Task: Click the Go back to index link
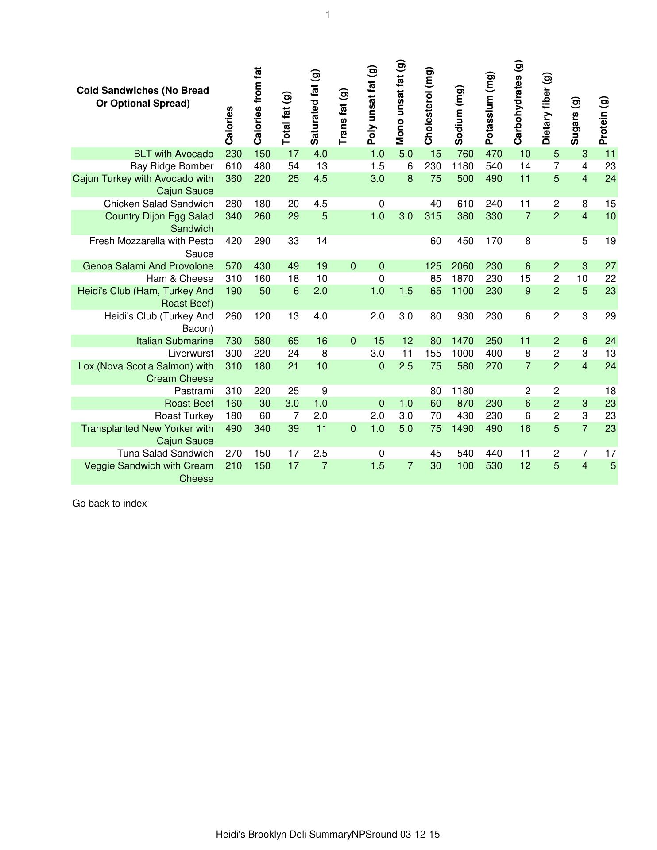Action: [x=109, y=504]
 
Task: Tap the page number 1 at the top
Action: [x=328, y=15]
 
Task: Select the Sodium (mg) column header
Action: [x=459, y=115]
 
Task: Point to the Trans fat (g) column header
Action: [x=343, y=116]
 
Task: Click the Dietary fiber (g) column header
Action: [x=546, y=109]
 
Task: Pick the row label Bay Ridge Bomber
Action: [x=172, y=166]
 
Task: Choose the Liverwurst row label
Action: [x=191, y=354]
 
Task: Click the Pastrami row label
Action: [x=194, y=391]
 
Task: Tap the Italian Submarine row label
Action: [x=175, y=341]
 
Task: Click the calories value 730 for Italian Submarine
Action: [x=234, y=341]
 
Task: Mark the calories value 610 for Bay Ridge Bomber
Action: [x=234, y=166]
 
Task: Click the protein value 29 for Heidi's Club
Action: [x=611, y=316]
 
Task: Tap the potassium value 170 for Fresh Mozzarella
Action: [x=494, y=241]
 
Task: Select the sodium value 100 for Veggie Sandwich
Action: [x=465, y=466]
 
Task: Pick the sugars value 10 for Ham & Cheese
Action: [x=582, y=279]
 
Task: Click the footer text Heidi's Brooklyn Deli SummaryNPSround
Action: [x=328, y=835]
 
